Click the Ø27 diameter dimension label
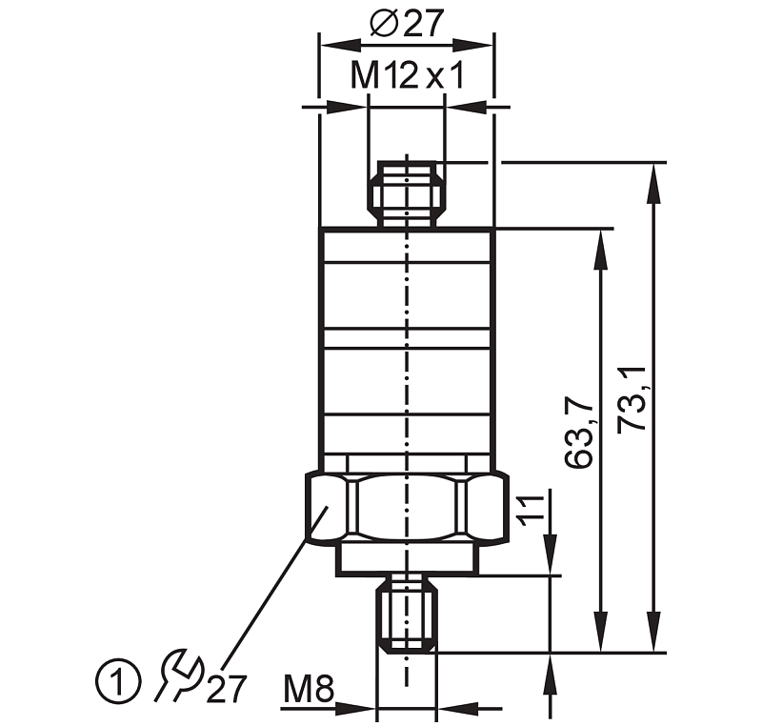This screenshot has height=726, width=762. [407, 24]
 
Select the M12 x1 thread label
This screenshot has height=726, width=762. [408, 76]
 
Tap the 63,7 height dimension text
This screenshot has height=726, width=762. [579, 432]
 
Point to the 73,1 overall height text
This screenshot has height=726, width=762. [632, 398]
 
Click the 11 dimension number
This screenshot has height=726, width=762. [531, 511]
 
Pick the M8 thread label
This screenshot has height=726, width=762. [309, 689]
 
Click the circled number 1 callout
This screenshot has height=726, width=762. [117, 680]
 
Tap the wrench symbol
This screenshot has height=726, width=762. [178, 675]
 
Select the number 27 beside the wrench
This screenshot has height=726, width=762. [227, 689]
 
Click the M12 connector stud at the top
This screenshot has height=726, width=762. [407, 194]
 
